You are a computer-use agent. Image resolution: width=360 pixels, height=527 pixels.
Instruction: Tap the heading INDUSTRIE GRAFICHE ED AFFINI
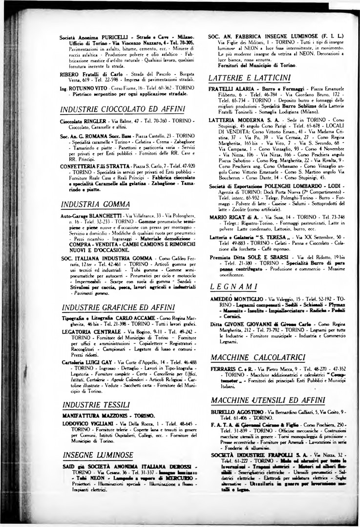pos(116,307)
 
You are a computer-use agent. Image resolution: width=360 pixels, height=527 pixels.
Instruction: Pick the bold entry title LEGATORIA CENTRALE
pos(87,331)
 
